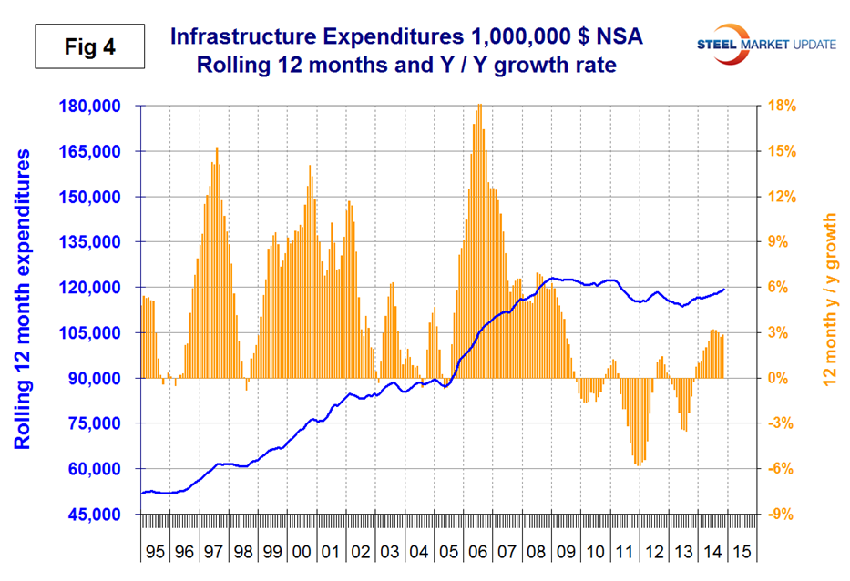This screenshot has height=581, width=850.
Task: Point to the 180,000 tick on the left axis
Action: (x=96, y=106)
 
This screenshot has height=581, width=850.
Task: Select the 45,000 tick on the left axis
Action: (x=96, y=515)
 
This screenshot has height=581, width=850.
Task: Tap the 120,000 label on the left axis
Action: (x=96, y=288)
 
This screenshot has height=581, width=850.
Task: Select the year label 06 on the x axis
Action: (x=476, y=553)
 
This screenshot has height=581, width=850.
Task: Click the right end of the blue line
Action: (x=725, y=289)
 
